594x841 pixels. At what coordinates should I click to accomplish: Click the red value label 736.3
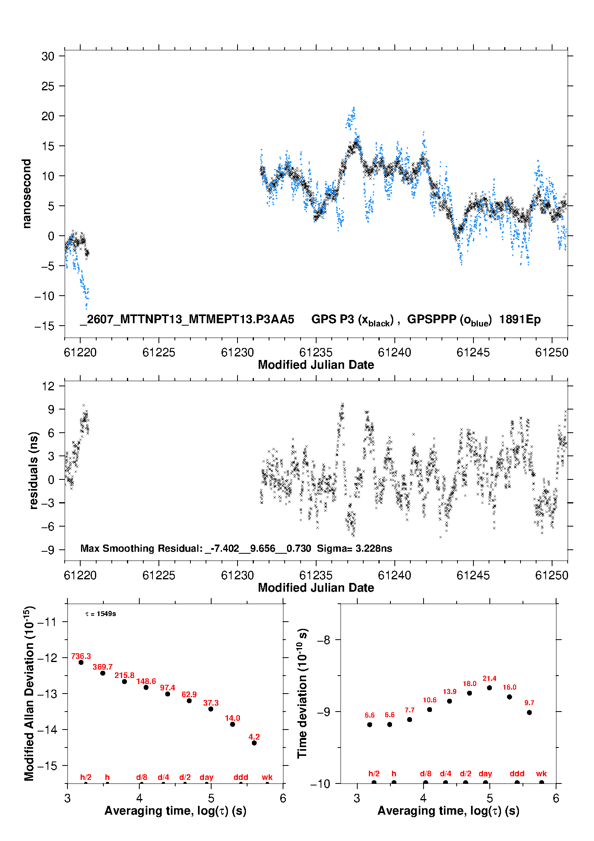tap(81, 656)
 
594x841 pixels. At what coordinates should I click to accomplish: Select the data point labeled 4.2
tap(254, 743)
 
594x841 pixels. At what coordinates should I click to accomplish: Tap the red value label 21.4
tap(489, 678)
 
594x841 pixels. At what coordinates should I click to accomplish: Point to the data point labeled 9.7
tap(529, 712)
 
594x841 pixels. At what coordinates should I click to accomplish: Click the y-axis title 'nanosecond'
tap(26, 194)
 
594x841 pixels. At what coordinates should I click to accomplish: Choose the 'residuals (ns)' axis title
tap(34, 470)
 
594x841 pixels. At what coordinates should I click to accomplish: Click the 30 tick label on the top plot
tap(48, 56)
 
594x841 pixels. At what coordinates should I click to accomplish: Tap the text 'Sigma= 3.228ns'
tap(354, 548)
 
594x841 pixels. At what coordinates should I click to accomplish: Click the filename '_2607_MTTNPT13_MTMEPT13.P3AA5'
tap(187, 319)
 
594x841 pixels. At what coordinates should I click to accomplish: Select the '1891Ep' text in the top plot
tap(520, 319)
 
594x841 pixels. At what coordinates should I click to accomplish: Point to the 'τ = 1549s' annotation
tap(101, 614)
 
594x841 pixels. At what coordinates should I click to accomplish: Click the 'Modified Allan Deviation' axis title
tap(29, 694)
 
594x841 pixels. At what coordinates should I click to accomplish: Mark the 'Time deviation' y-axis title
tap(302, 693)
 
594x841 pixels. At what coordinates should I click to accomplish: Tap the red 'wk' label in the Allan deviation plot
tap(267, 777)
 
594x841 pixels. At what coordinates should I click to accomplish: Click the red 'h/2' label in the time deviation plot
tap(374, 773)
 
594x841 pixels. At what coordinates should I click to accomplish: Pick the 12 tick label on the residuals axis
tap(48, 386)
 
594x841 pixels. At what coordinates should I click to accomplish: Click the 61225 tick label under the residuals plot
tap(158, 575)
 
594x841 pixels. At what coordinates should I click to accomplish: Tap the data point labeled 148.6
tap(146, 687)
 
